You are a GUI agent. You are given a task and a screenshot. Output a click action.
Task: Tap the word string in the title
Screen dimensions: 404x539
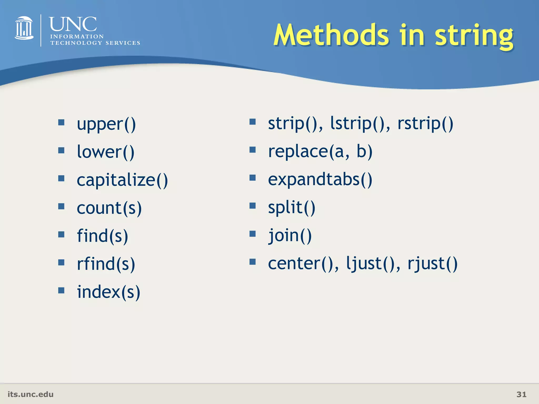(474, 36)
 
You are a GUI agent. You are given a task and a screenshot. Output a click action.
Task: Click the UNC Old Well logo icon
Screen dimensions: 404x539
(24, 28)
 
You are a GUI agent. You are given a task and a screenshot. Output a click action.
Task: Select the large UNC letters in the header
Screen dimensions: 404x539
(73, 24)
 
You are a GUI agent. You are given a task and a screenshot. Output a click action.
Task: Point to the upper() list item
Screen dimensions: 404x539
(106, 124)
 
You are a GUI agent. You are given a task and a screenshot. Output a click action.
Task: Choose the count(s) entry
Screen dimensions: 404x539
(109, 208)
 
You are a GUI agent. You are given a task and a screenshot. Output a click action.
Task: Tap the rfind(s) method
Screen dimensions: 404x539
(106, 264)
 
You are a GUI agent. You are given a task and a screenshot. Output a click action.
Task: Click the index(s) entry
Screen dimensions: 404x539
(108, 292)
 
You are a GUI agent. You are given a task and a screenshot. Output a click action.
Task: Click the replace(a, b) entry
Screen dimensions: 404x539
(320, 152)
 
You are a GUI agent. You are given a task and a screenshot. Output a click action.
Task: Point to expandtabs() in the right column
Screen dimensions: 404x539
(320, 180)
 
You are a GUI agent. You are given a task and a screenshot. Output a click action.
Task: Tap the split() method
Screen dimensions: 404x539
(291, 208)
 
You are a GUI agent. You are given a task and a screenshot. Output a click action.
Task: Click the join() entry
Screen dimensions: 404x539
(290, 235)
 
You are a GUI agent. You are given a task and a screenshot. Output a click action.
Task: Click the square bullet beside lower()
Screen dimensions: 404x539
(61, 150)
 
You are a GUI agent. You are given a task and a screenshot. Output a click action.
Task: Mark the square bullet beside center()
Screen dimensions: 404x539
(252, 262)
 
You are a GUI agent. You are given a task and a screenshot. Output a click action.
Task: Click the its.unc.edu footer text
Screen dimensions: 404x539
(31, 394)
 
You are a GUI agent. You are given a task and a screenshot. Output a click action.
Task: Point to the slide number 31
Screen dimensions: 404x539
(521, 394)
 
